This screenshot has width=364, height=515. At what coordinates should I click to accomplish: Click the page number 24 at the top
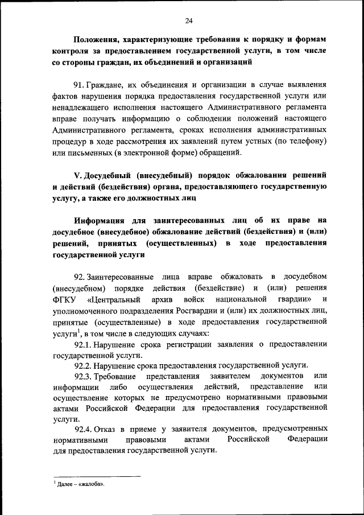[x=189, y=21]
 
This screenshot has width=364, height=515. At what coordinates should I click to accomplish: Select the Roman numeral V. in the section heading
[x=78, y=175]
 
